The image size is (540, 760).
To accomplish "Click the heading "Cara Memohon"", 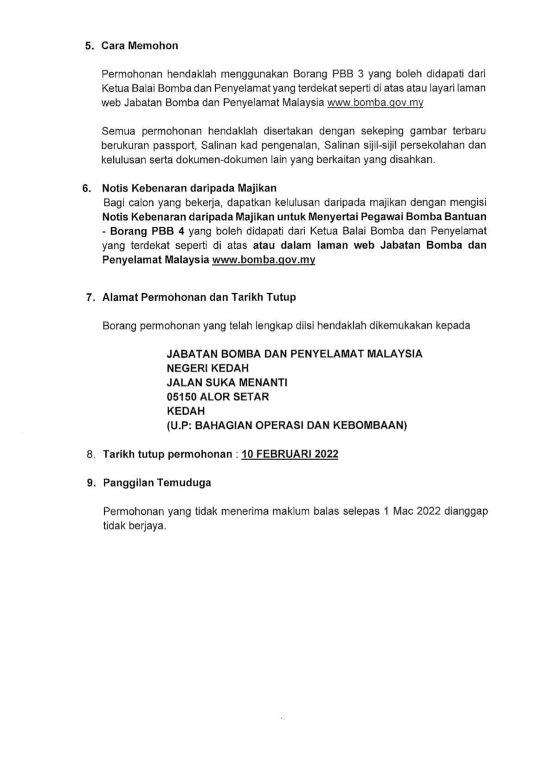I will [x=140, y=45].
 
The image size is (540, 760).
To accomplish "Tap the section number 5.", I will [x=89, y=45].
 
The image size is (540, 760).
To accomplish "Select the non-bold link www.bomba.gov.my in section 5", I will [x=375, y=103].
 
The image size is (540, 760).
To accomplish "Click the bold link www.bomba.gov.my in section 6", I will [x=264, y=259].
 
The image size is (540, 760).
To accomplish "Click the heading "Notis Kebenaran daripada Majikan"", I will [x=189, y=188].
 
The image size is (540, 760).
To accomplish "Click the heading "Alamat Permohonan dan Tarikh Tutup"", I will [x=199, y=297].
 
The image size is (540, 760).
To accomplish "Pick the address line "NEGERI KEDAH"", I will [x=207, y=368].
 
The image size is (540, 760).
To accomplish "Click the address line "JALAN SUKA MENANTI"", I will [x=227, y=382].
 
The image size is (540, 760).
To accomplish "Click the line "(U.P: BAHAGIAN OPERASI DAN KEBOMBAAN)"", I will [x=287, y=425].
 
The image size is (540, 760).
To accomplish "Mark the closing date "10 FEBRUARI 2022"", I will [x=290, y=454].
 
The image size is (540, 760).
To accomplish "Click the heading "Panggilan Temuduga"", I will [x=157, y=483].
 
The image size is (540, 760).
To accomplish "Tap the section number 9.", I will [x=90, y=483].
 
